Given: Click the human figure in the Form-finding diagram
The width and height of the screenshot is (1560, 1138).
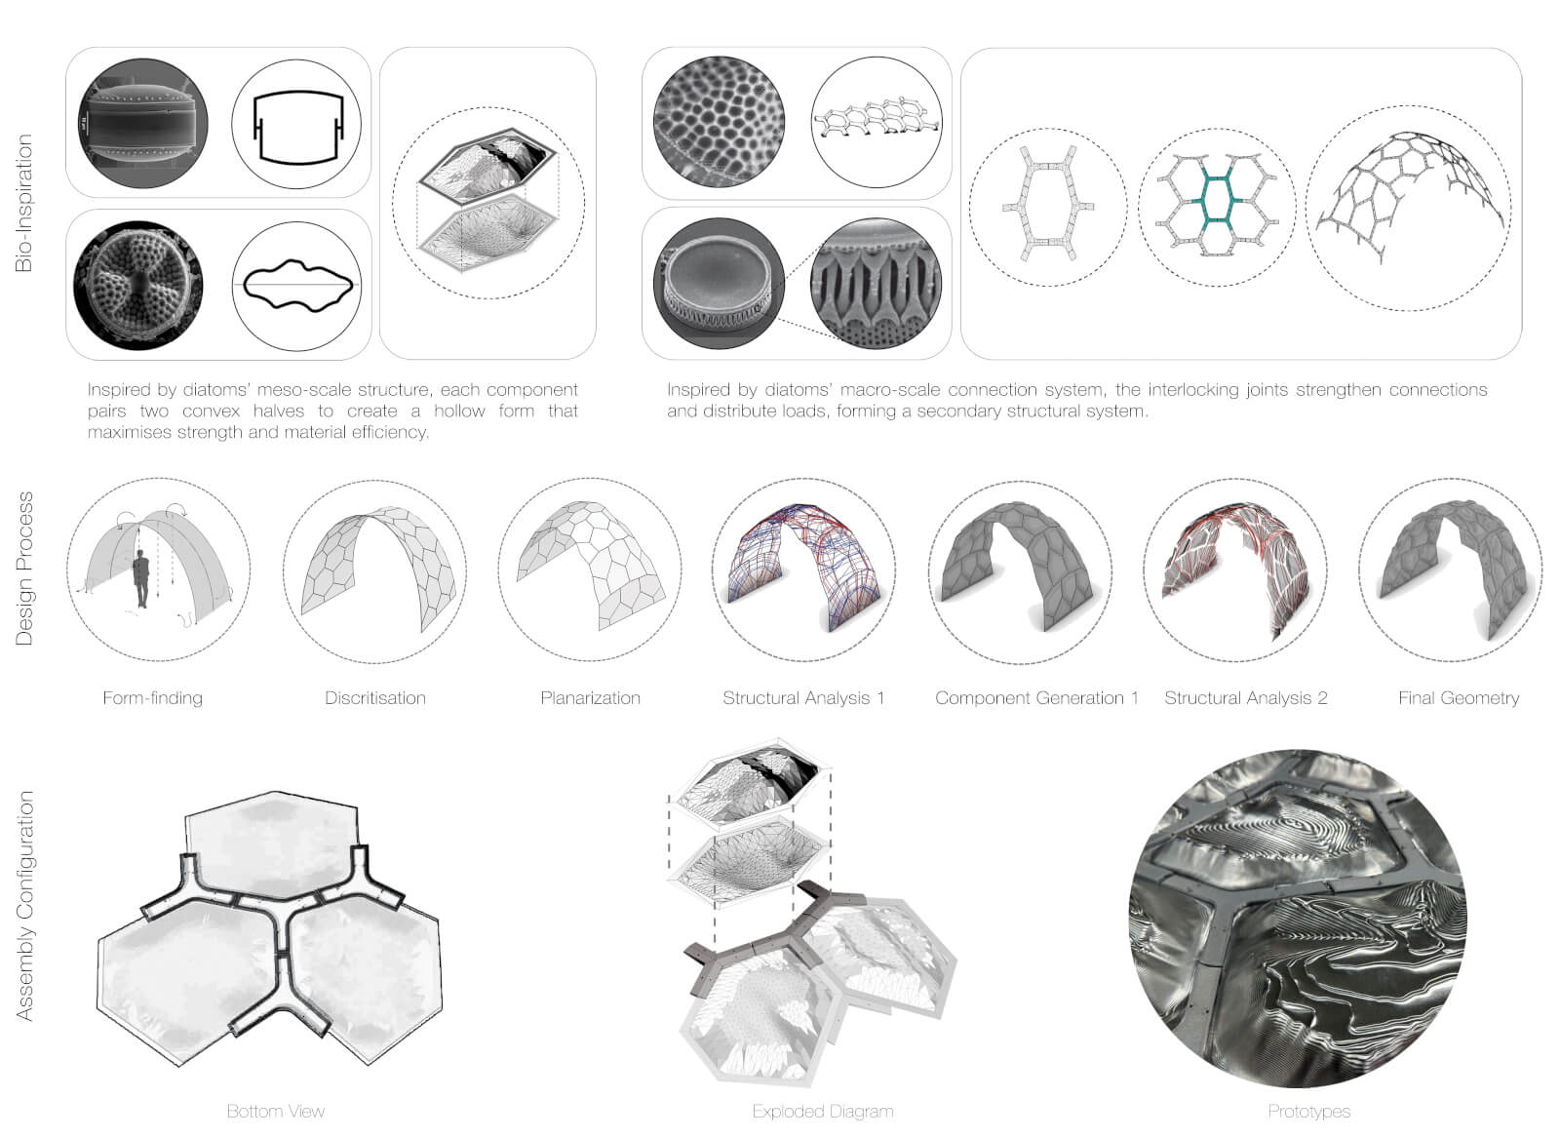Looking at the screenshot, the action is pyautogui.click(x=142, y=579).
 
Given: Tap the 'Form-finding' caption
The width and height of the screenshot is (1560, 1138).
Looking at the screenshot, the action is pyautogui.click(x=152, y=698).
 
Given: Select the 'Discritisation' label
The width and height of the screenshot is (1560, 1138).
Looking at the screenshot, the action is pyautogui.click(x=375, y=698).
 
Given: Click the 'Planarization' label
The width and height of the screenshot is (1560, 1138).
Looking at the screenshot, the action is pyautogui.click(x=591, y=698).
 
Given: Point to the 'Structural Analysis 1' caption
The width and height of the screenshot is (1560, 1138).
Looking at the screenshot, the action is pyautogui.click(x=803, y=698).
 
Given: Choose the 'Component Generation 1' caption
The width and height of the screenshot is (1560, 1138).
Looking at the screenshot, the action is pyautogui.click(x=1036, y=698).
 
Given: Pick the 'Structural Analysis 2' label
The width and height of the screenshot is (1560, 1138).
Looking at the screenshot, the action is pyautogui.click(x=1246, y=698).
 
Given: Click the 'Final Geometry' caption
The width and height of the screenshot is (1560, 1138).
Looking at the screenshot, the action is pyautogui.click(x=1459, y=698).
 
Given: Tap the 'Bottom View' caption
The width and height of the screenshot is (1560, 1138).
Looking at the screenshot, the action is pyautogui.click(x=276, y=1112).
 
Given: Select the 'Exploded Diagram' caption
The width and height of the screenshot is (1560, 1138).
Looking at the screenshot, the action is pyautogui.click(x=823, y=1112).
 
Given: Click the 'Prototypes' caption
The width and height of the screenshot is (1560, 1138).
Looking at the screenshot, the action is pyautogui.click(x=1309, y=1112).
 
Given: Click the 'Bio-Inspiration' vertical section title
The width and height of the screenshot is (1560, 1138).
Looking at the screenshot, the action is pyautogui.click(x=23, y=203).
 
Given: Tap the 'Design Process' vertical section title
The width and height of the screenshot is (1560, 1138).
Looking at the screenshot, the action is pyautogui.click(x=23, y=569).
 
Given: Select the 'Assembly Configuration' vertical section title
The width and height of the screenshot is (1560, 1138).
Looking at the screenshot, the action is pyautogui.click(x=23, y=905).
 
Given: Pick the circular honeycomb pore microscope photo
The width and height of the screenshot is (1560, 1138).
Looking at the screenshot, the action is pyautogui.click(x=719, y=122).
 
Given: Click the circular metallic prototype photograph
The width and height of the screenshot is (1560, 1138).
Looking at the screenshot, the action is pyautogui.click(x=1298, y=918).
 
